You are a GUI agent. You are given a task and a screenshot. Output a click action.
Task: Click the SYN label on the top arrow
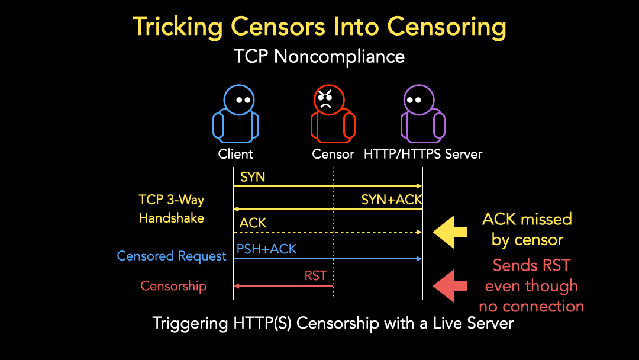click(x=253, y=177)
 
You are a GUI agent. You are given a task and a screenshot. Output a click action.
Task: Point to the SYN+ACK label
click(x=392, y=200)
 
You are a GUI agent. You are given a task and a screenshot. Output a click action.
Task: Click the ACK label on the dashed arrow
click(x=253, y=223)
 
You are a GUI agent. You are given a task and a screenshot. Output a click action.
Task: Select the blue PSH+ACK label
click(x=267, y=249)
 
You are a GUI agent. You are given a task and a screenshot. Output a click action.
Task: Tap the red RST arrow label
click(x=316, y=275)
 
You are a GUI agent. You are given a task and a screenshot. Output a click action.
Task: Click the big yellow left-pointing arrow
click(x=451, y=232)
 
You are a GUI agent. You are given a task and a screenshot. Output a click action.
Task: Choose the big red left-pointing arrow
click(x=451, y=286)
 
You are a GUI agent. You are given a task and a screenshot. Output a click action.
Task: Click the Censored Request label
click(x=172, y=256)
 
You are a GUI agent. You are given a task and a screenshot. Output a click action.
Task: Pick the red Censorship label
click(x=173, y=286)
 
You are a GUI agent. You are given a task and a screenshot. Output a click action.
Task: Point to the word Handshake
click(x=172, y=218)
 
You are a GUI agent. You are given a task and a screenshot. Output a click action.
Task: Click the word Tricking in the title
click(x=178, y=27)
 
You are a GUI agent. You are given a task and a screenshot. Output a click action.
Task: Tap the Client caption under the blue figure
click(x=235, y=155)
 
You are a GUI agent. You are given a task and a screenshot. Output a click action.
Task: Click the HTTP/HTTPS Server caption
click(x=423, y=155)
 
